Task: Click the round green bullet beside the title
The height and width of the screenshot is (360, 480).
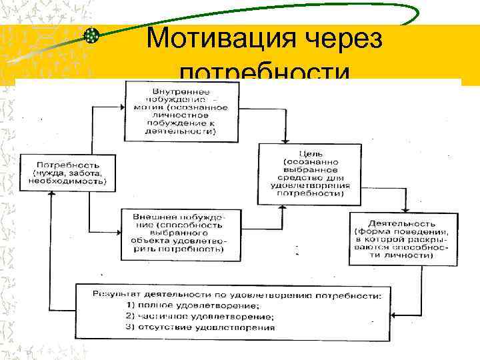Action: pos(91,36)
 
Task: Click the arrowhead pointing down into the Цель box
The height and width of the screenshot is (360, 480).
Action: pos(285,141)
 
